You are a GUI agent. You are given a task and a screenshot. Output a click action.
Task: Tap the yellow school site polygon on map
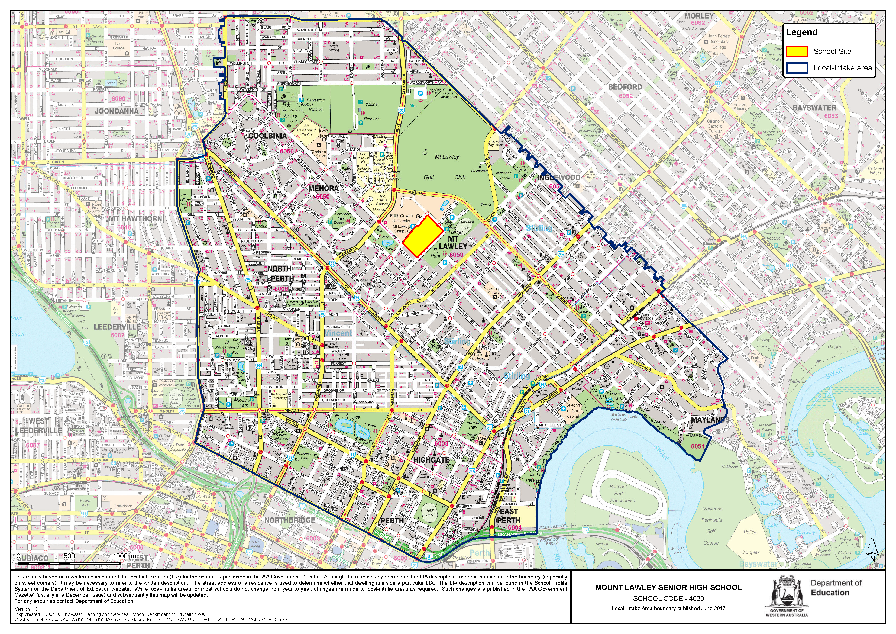(421, 236)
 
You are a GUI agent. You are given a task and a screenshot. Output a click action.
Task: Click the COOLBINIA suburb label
(267, 136)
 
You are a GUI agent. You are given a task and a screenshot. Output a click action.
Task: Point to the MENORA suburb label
(323, 188)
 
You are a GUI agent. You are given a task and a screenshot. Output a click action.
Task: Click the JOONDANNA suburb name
(116, 111)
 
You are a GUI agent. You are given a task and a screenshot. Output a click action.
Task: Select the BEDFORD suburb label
(625, 87)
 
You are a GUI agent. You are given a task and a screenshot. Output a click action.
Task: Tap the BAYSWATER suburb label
(814, 108)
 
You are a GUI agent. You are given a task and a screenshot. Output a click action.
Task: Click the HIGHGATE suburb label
(431, 460)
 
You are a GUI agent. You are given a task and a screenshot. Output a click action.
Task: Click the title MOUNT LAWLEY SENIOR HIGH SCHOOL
(668, 588)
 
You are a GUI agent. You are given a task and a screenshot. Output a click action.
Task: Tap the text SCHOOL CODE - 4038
(668, 598)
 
